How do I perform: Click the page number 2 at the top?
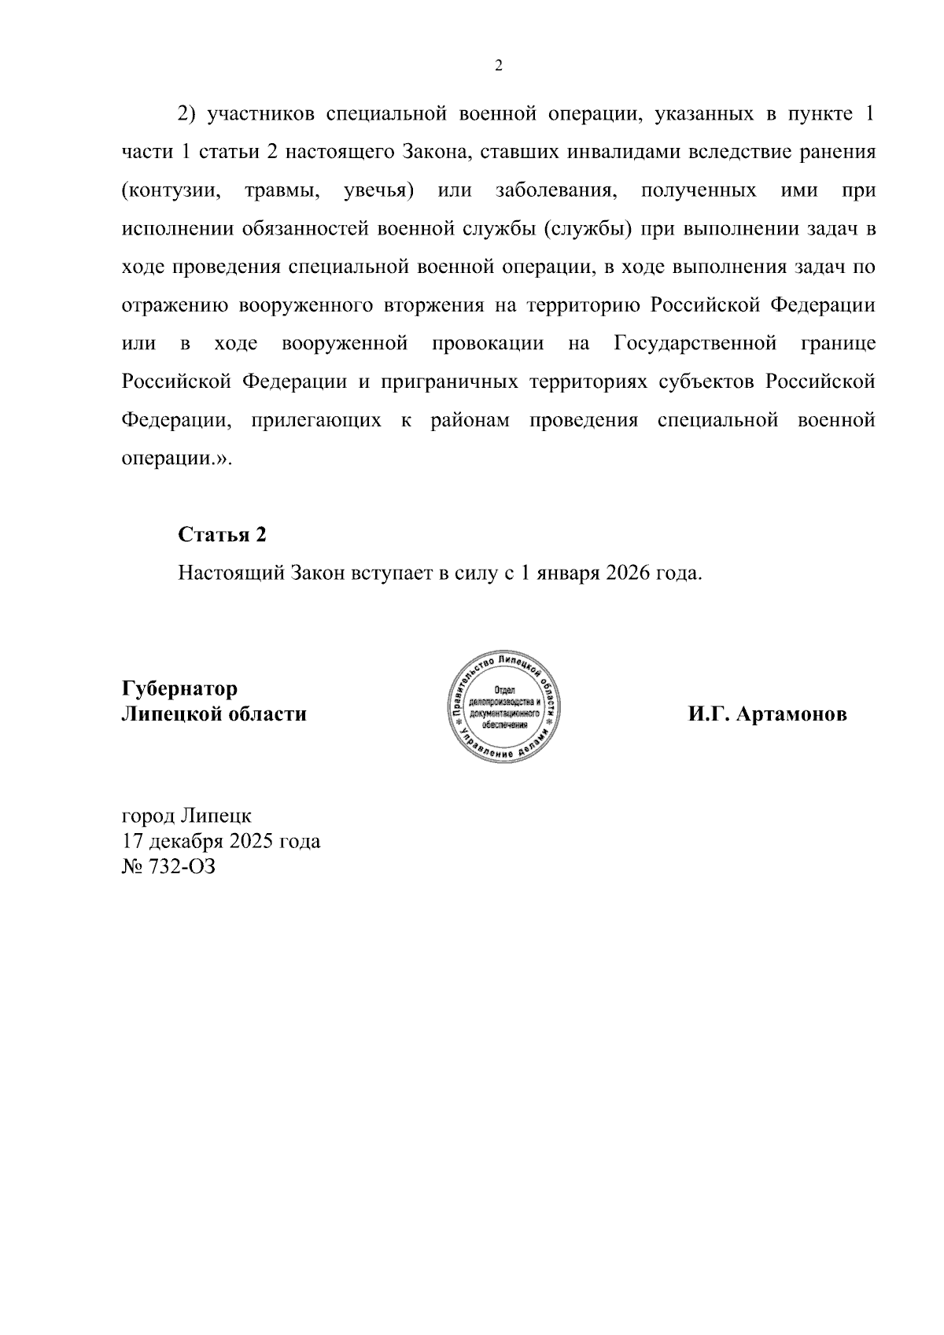(498, 66)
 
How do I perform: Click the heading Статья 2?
(222, 535)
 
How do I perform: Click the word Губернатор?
(179, 689)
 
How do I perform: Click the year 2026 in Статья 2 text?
(628, 573)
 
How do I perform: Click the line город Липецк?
(186, 815)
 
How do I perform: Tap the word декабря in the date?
(185, 841)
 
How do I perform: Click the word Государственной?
(695, 344)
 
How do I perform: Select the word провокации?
(488, 344)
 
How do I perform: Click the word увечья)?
(379, 191)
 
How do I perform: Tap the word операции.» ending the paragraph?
(176, 459)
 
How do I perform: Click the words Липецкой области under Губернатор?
(214, 715)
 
